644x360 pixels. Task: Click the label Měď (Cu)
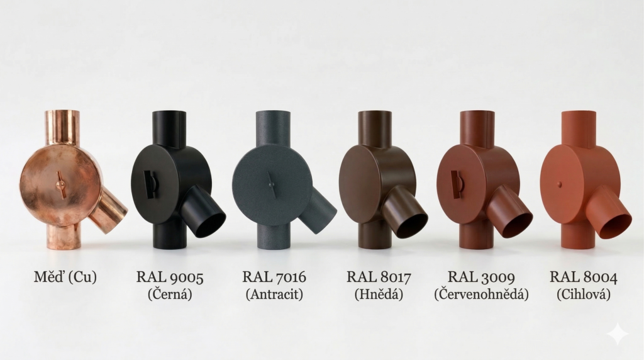[65, 277]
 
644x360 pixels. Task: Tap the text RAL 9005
[170, 278]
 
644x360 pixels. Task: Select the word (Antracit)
[274, 295]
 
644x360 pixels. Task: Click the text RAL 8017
[379, 277]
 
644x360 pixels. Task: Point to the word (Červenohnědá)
[481, 295]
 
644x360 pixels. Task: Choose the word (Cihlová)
[584, 295]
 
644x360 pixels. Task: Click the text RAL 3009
[481, 277]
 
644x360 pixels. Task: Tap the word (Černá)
[170, 295]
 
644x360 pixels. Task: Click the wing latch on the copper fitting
[60, 185]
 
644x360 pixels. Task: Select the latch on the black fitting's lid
[149, 184]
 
